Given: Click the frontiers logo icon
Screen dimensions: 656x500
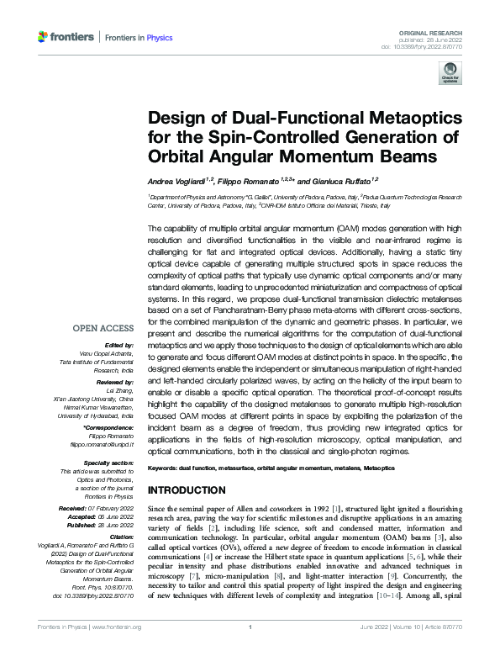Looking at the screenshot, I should [45, 37].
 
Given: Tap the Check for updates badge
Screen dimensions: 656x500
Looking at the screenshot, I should [450, 77].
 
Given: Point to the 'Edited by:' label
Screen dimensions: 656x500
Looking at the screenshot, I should [119, 346].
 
